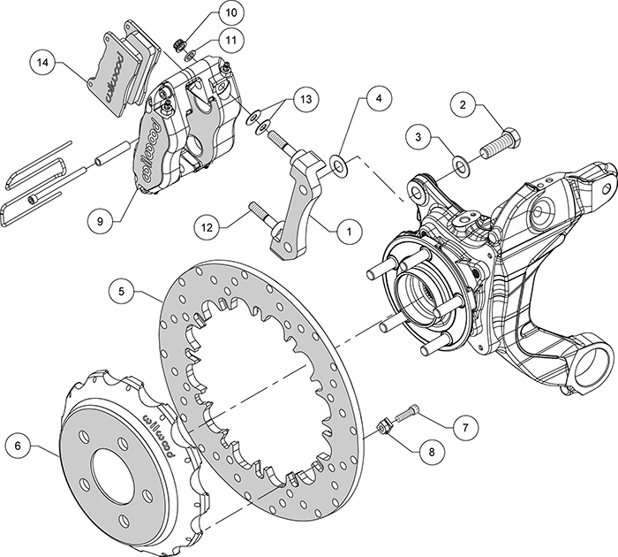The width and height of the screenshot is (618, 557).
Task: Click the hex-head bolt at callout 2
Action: coord(503,142)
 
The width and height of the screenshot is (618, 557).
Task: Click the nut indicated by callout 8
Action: coord(385,427)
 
